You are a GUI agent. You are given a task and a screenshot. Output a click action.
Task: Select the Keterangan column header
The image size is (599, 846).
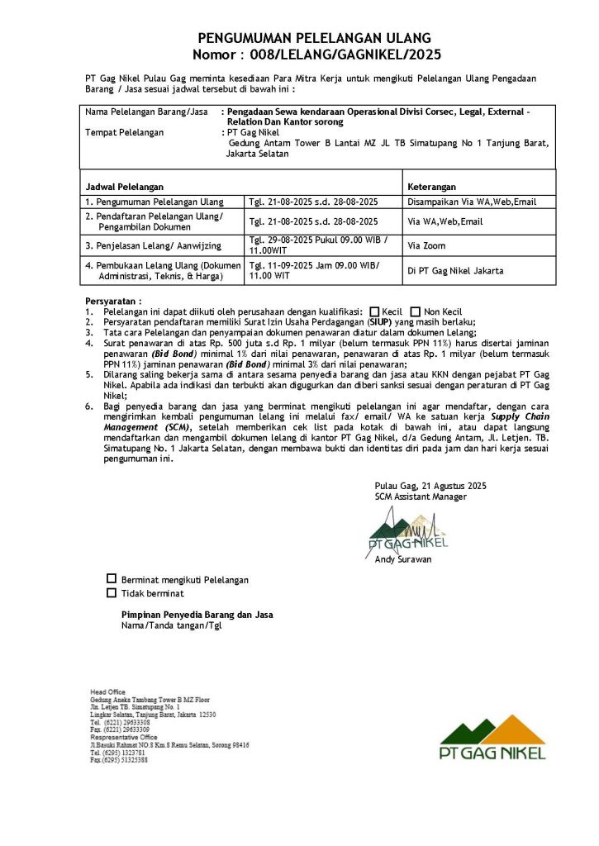pyautogui.click(x=432, y=187)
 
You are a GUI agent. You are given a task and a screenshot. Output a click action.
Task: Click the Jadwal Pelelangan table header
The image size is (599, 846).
pyautogui.click(x=124, y=187)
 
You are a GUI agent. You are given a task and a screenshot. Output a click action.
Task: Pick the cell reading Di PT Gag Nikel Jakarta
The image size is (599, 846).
pyautogui.click(x=455, y=270)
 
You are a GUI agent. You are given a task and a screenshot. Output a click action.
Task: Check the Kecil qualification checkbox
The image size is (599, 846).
pyautogui.click(x=375, y=311)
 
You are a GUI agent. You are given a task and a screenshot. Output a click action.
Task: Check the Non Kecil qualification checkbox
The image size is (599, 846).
pyautogui.click(x=416, y=311)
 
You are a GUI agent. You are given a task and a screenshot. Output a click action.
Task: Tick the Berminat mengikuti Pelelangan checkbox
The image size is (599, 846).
pyautogui.click(x=112, y=579)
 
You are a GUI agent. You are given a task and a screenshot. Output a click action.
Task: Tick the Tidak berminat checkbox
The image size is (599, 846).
pyautogui.click(x=112, y=592)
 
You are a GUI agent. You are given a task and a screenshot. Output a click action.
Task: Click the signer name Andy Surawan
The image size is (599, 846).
pyautogui.click(x=403, y=559)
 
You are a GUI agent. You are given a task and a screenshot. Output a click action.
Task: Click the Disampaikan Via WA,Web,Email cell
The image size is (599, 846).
pyautogui.click(x=472, y=202)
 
